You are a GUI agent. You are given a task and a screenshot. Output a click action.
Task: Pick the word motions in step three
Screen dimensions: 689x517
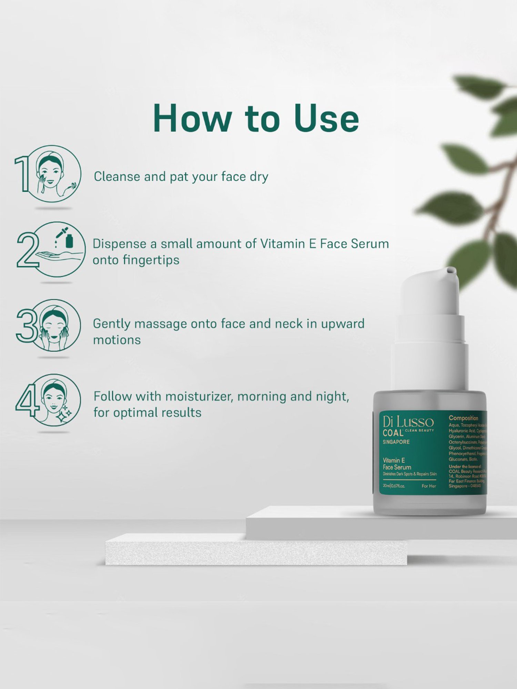[117, 340]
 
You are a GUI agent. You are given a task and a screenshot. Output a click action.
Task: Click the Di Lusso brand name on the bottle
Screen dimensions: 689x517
[408, 422]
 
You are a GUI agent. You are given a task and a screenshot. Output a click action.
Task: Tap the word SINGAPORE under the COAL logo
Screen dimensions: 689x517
[396, 442]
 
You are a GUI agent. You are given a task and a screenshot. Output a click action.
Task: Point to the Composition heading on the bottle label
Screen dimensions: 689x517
[463, 418]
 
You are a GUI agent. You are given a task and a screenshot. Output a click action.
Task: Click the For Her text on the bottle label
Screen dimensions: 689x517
[429, 486]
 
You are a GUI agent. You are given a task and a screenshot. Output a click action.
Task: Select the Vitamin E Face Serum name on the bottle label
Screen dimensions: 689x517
[397, 464]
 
